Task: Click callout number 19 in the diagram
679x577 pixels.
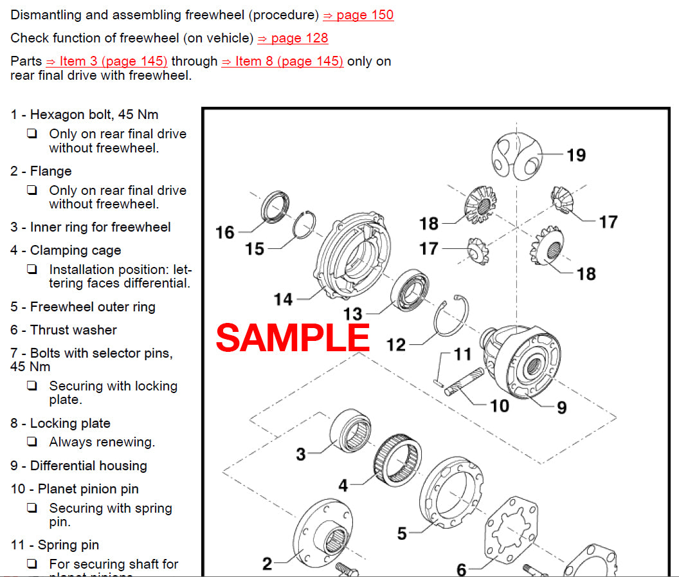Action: pos(576,155)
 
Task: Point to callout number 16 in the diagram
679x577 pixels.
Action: pos(225,232)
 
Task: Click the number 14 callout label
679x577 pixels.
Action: pos(283,299)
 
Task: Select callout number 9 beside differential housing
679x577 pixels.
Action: pos(561,408)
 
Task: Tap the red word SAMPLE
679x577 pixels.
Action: pos(293,338)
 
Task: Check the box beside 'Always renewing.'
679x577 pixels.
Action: pos(32,443)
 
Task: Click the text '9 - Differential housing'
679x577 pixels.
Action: pos(78,466)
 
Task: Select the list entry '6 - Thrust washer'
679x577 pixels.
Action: pos(64,330)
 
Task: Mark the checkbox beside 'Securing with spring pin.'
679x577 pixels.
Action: pos(32,508)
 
